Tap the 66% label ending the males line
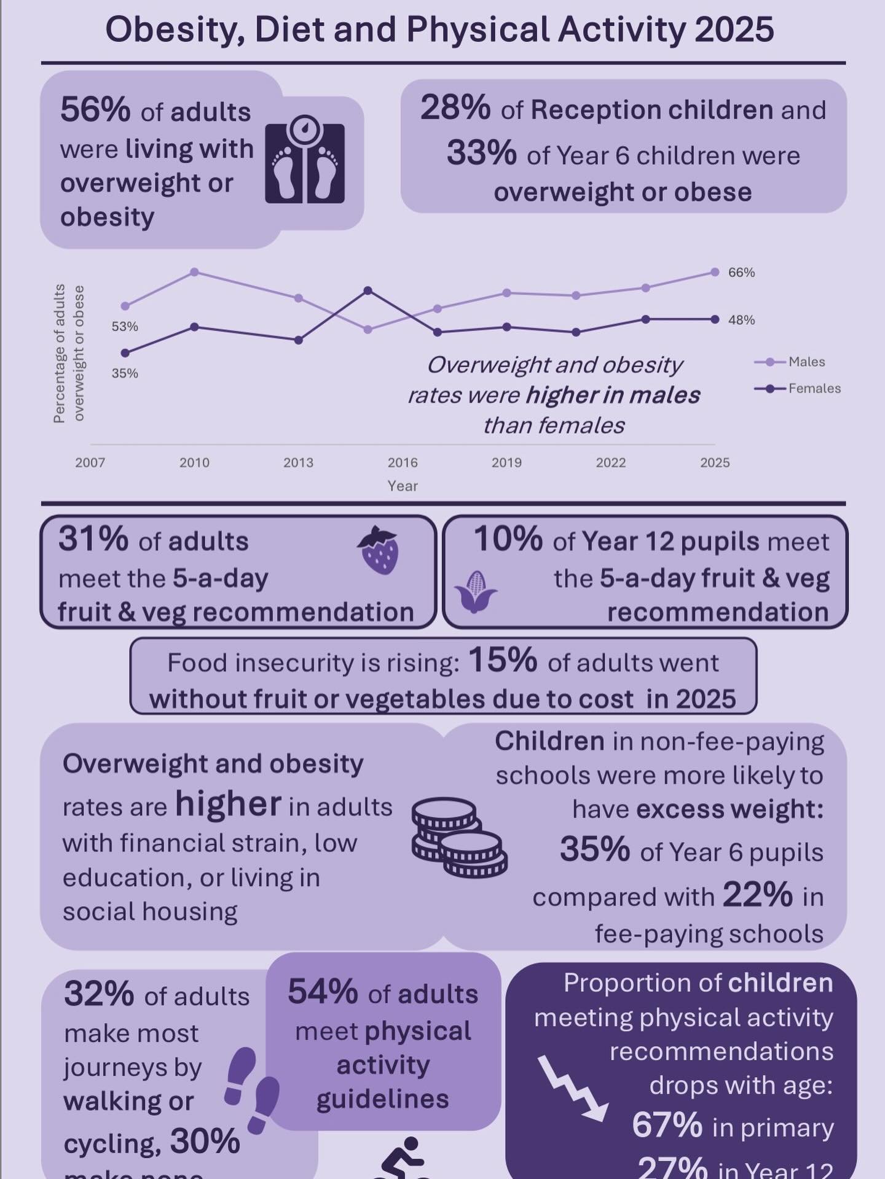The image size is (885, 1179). point(741,273)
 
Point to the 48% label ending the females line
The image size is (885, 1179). point(741,320)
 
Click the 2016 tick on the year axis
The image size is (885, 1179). point(403,462)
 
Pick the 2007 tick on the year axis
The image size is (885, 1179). point(90,462)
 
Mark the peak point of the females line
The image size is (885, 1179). point(368,290)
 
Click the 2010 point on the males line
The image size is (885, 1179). point(194,272)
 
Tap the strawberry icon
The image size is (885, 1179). point(379,550)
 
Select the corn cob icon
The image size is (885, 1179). point(475,591)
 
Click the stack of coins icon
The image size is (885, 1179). point(458,837)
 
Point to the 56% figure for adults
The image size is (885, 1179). point(95,111)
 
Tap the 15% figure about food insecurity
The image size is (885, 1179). point(502,661)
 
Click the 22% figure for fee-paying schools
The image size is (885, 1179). point(757,895)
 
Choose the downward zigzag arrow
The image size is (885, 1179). point(572,1089)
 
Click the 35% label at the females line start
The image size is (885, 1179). point(125,373)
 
